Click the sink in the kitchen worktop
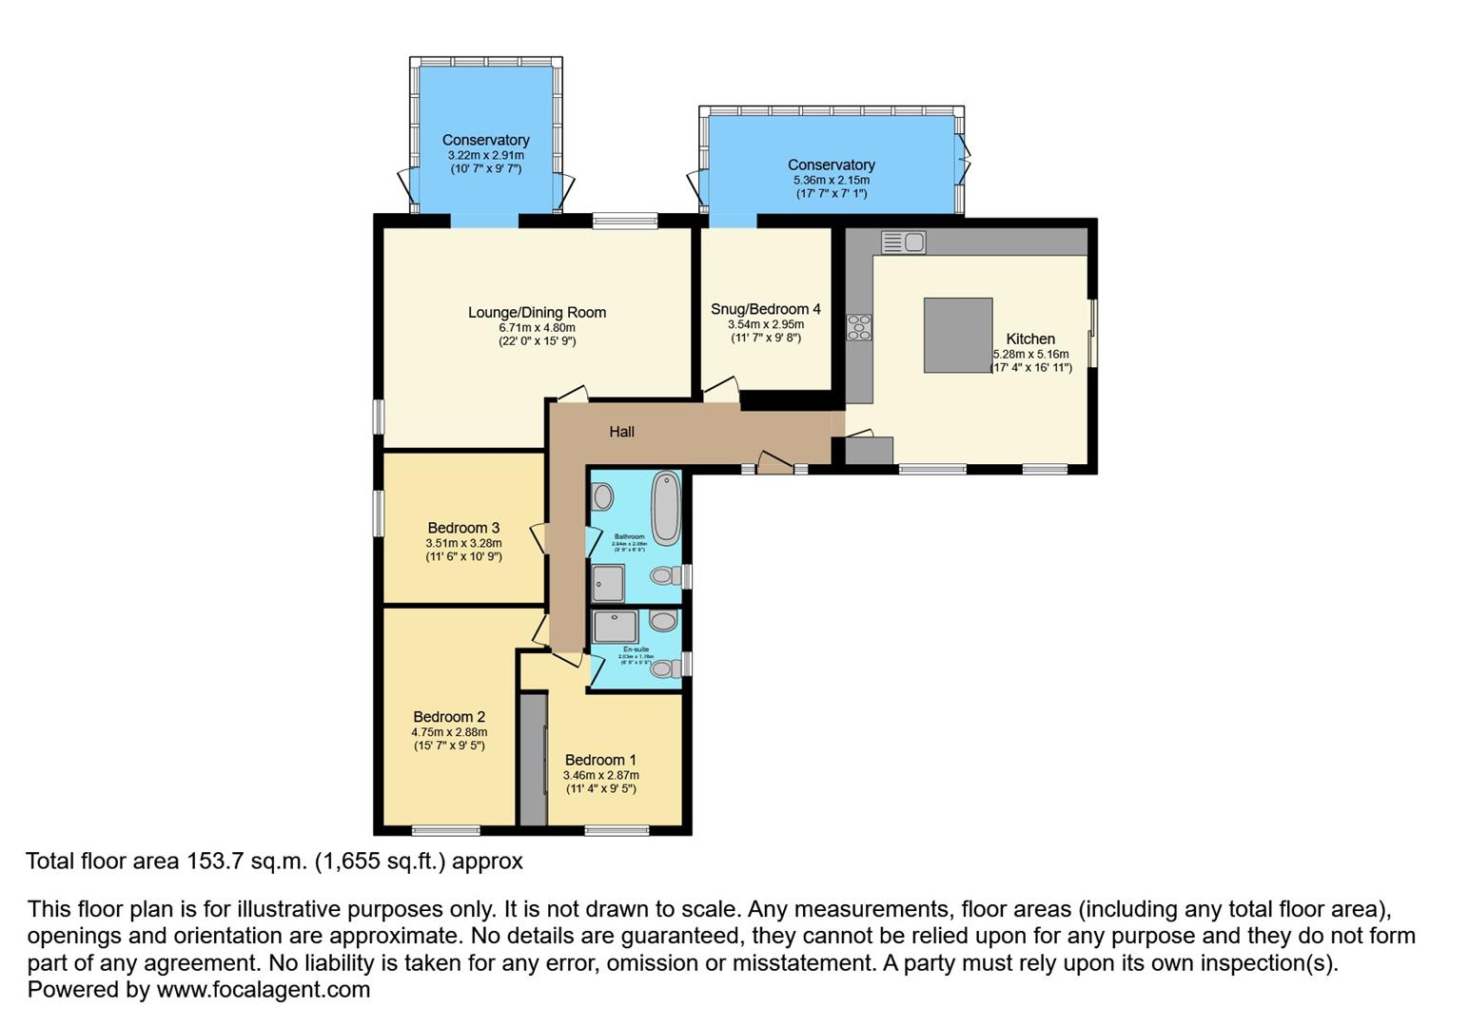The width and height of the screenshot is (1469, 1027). [x=903, y=242]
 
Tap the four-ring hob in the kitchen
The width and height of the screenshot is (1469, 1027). [x=859, y=327]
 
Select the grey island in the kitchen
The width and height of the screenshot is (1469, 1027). [x=958, y=335]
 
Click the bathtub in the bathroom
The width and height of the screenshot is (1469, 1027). [x=666, y=507]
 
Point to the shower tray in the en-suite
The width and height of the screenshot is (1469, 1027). [x=615, y=627]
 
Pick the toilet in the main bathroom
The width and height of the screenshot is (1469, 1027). [x=668, y=576]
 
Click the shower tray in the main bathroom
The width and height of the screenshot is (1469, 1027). [x=608, y=583]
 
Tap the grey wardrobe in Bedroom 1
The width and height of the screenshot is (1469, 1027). [x=533, y=759]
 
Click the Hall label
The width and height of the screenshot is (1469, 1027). [x=621, y=432]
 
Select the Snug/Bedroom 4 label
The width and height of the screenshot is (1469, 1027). [x=765, y=309]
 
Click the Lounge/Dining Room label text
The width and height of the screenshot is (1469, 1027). [x=537, y=312]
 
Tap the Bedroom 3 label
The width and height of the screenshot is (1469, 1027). [x=463, y=528]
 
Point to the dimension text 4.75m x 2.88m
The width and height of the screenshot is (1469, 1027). [x=449, y=732]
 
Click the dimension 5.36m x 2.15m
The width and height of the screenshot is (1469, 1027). [x=831, y=180]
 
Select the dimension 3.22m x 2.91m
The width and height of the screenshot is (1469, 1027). [x=485, y=155]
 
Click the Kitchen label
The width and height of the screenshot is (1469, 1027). [x=1030, y=339]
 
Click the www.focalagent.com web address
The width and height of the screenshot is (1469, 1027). [x=263, y=990]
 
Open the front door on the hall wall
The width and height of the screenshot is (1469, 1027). [x=774, y=464]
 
